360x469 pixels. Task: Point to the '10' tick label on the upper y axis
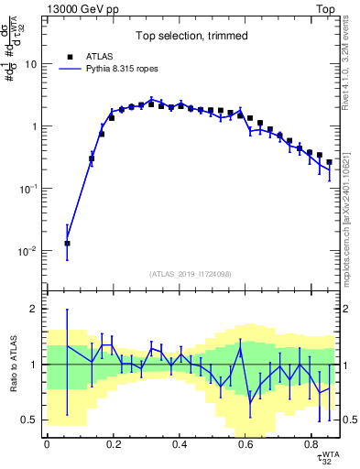pos(31,64)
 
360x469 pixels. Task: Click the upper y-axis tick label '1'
pos(35,126)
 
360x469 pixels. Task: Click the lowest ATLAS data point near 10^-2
pos(67,244)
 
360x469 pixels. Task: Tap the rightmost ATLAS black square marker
pos(329,162)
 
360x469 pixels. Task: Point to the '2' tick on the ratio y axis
pos(35,309)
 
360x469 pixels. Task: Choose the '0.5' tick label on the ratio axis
pos(30,420)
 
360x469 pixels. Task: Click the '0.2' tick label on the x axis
pos(113,444)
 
